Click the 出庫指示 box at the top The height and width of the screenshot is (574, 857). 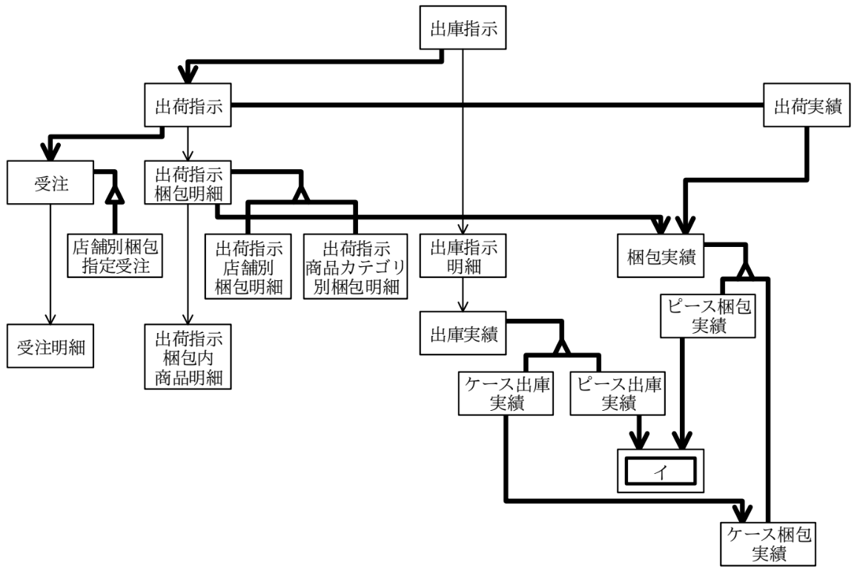[463, 28]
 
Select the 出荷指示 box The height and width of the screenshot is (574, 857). [188, 105]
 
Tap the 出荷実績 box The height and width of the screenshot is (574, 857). [807, 105]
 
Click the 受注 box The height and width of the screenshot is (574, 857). [50, 182]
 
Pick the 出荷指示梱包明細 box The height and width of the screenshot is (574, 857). [188, 182]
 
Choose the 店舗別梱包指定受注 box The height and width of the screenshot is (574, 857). [116, 256]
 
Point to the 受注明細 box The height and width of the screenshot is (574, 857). [50, 346]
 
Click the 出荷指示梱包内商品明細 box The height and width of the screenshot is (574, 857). [188, 357]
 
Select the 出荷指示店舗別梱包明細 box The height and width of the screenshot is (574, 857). [248, 267]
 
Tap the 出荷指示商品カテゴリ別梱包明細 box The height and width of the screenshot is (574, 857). [356, 267]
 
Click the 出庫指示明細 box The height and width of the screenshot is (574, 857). [463, 256]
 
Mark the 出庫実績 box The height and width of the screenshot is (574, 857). [463, 334]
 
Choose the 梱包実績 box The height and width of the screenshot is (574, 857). [661, 256]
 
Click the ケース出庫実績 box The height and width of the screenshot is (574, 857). [506, 394]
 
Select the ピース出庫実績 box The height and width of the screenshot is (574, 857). [618, 394]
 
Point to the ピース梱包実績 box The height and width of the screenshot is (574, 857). [708, 316]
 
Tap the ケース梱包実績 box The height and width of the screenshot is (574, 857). [768, 544]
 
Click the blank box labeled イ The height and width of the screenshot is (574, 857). [661, 471]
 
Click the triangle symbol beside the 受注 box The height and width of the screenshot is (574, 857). [116, 193]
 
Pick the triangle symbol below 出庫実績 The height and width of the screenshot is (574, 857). [561, 346]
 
